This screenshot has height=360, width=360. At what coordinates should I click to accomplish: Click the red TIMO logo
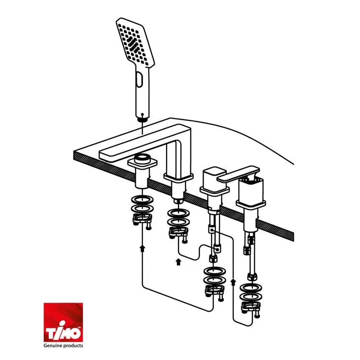click(x=64, y=322)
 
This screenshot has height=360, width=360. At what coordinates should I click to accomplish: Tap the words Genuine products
click(x=64, y=346)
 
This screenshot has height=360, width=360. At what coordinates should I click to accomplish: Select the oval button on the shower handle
click(x=139, y=79)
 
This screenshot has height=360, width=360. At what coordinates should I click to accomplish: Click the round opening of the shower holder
click(x=142, y=157)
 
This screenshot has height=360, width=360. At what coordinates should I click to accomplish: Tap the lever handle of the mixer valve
click(x=239, y=174)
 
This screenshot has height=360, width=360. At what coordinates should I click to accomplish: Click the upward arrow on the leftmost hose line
click(x=143, y=248)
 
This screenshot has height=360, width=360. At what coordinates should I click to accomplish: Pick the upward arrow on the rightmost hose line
click(x=233, y=282)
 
